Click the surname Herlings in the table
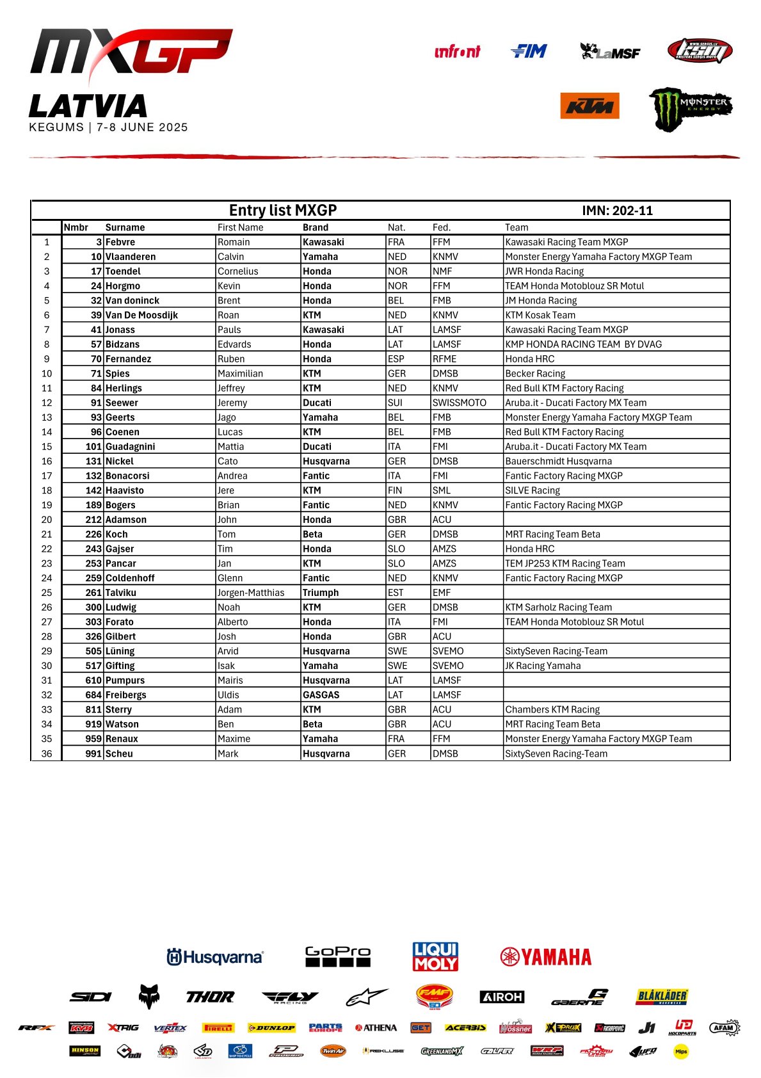tap(124, 388)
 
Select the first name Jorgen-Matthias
tap(251, 593)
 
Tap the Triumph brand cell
tap(321, 593)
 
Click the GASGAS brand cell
tap(321, 695)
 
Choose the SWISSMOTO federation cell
tap(459, 403)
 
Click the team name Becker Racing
tap(535, 373)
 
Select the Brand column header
tap(316, 227)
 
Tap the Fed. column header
tap(441, 227)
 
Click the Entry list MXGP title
tap(283, 211)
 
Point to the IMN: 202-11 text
tap(617, 211)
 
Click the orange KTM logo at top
tap(589, 106)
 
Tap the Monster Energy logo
tap(690, 108)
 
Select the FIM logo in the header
tap(529, 51)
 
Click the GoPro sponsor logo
tap(338, 956)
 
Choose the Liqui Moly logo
tap(435, 956)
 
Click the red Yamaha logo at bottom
tap(546, 957)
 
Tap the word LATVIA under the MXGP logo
tap(88, 106)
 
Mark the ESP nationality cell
tap(396, 359)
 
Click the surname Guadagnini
tap(130, 447)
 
